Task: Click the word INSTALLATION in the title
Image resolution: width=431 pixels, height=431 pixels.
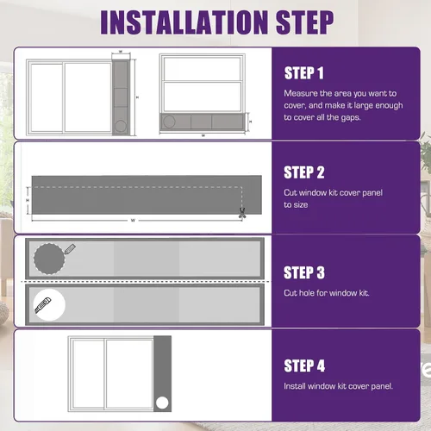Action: (184, 22)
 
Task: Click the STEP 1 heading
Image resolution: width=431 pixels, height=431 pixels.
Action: (304, 73)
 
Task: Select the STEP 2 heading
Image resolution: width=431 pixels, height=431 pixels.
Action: (304, 172)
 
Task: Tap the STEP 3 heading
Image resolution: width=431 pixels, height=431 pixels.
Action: (304, 272)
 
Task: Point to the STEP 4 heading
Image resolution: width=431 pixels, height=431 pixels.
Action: (304, 365)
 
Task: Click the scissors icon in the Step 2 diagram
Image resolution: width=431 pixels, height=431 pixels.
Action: (242, 213)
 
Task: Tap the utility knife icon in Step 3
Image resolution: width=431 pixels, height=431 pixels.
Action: (43, 305)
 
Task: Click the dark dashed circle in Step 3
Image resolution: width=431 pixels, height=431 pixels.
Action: (49, 259)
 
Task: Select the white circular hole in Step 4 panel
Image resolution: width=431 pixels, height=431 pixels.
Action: (162, 403)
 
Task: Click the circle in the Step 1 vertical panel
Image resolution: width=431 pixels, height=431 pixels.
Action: (121, 126)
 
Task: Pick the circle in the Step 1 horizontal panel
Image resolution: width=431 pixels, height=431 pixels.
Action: (169, 122)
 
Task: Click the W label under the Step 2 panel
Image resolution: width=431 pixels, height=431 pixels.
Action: (133, 221)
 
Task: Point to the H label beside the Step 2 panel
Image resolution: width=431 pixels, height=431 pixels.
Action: (28, 200)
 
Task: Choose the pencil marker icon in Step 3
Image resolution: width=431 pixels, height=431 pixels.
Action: (70, 249)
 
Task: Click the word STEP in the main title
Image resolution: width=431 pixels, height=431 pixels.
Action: (304, 22)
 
